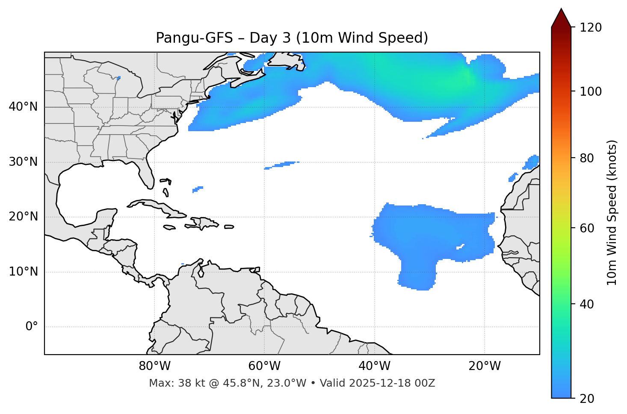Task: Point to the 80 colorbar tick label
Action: (x=590, y=158)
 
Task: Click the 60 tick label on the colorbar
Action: (x=590, y=228)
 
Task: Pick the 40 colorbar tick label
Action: (x=590, y=304)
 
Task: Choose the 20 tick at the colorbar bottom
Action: (x=590, y=399)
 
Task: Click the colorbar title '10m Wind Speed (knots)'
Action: (x=612, y=213)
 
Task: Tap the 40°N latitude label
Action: (x=24, y=107)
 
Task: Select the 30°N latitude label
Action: (x=24, y=162)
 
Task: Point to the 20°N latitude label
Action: (x=24, y=217)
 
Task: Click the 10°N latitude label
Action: (x=24, y=272)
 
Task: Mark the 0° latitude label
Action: (x=32, y=327)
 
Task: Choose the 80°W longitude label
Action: (x=154, y=366)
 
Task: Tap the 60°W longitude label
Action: (x=264, y=366)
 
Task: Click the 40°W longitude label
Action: (x=374, y=366)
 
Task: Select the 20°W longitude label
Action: (x=485, y=366)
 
